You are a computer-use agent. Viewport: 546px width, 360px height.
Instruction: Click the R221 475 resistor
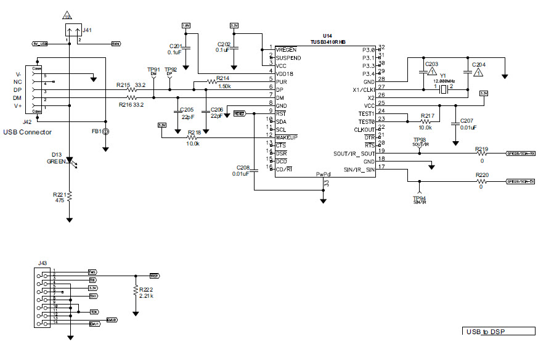click(70, 196)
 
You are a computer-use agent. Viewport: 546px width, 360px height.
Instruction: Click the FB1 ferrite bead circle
click(106, 132)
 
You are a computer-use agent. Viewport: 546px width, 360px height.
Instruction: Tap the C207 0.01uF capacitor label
click(467, 123)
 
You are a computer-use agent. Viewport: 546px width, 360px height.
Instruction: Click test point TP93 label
click(419, 141)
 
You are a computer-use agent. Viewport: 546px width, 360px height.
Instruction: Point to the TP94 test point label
click(419, 198)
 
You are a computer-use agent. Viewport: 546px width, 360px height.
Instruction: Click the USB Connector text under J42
click(27, 132)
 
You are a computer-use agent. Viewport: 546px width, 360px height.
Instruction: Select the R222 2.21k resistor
click(136, 292)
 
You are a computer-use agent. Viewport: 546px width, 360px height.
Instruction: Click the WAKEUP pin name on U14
click(287, 136)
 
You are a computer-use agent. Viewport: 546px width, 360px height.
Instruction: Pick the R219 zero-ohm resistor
click(481, 153)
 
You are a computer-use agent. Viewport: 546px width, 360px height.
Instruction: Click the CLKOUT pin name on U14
click(364, 130)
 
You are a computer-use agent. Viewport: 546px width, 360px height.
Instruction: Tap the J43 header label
click(42, 263)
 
